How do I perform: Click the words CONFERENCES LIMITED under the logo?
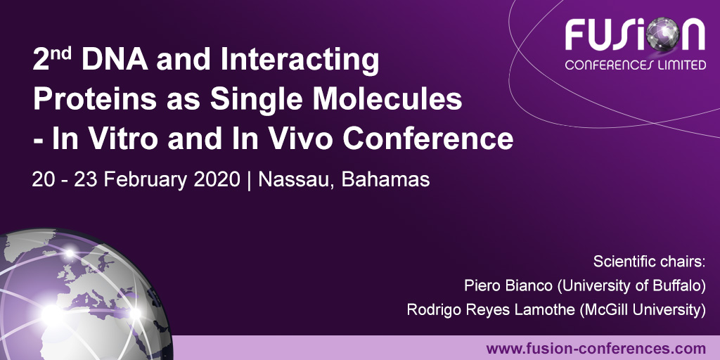(x=636, y=65)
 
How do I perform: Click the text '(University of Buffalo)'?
(x=627, y=285)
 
